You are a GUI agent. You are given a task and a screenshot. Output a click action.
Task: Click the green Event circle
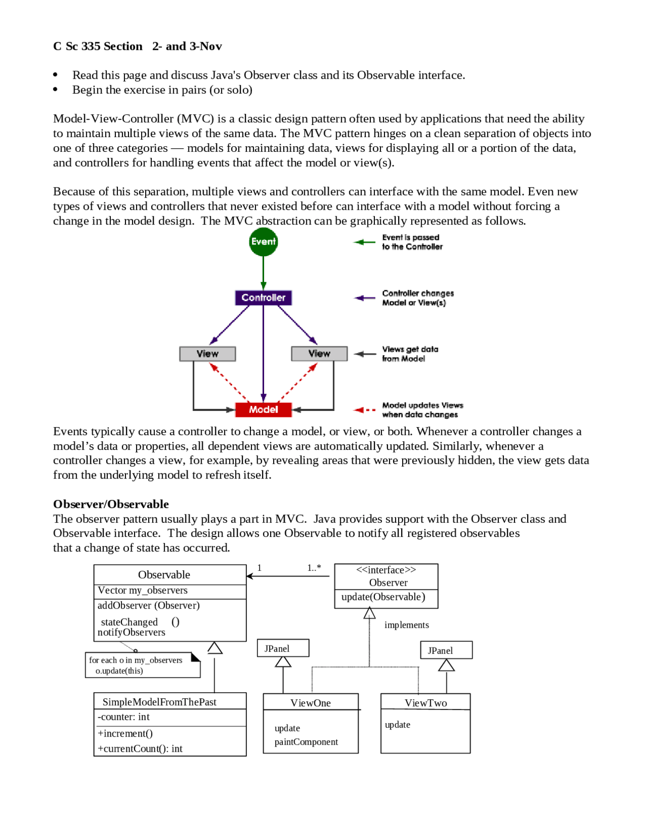263,242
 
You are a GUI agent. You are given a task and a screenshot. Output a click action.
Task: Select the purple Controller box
263,297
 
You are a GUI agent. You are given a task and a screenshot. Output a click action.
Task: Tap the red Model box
263,409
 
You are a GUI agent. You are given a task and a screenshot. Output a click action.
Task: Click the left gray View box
207,353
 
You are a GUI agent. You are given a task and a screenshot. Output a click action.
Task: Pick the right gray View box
319,353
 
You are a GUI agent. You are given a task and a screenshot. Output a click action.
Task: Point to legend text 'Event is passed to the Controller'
412,242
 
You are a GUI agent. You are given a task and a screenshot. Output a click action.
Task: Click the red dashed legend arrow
364,410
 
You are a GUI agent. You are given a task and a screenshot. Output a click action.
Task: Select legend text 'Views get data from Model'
410,354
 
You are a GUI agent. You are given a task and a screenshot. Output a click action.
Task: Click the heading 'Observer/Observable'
111,504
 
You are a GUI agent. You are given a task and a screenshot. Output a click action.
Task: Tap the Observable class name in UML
164,575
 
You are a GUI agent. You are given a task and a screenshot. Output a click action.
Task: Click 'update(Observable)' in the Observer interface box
383,597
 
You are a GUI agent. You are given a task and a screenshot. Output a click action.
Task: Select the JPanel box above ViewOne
283,648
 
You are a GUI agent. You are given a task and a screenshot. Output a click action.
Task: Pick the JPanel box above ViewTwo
446,650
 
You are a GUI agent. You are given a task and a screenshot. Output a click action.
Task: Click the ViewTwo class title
425,703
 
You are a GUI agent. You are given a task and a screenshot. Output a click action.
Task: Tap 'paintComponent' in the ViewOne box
306,742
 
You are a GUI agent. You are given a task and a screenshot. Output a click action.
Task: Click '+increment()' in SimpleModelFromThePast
125,734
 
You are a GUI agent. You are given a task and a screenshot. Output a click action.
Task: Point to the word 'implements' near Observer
406,625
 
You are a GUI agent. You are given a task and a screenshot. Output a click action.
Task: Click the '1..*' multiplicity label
314,568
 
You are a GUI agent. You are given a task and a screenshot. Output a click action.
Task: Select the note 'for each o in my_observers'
136,661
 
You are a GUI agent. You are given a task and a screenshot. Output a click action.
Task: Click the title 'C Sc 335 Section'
98,46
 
